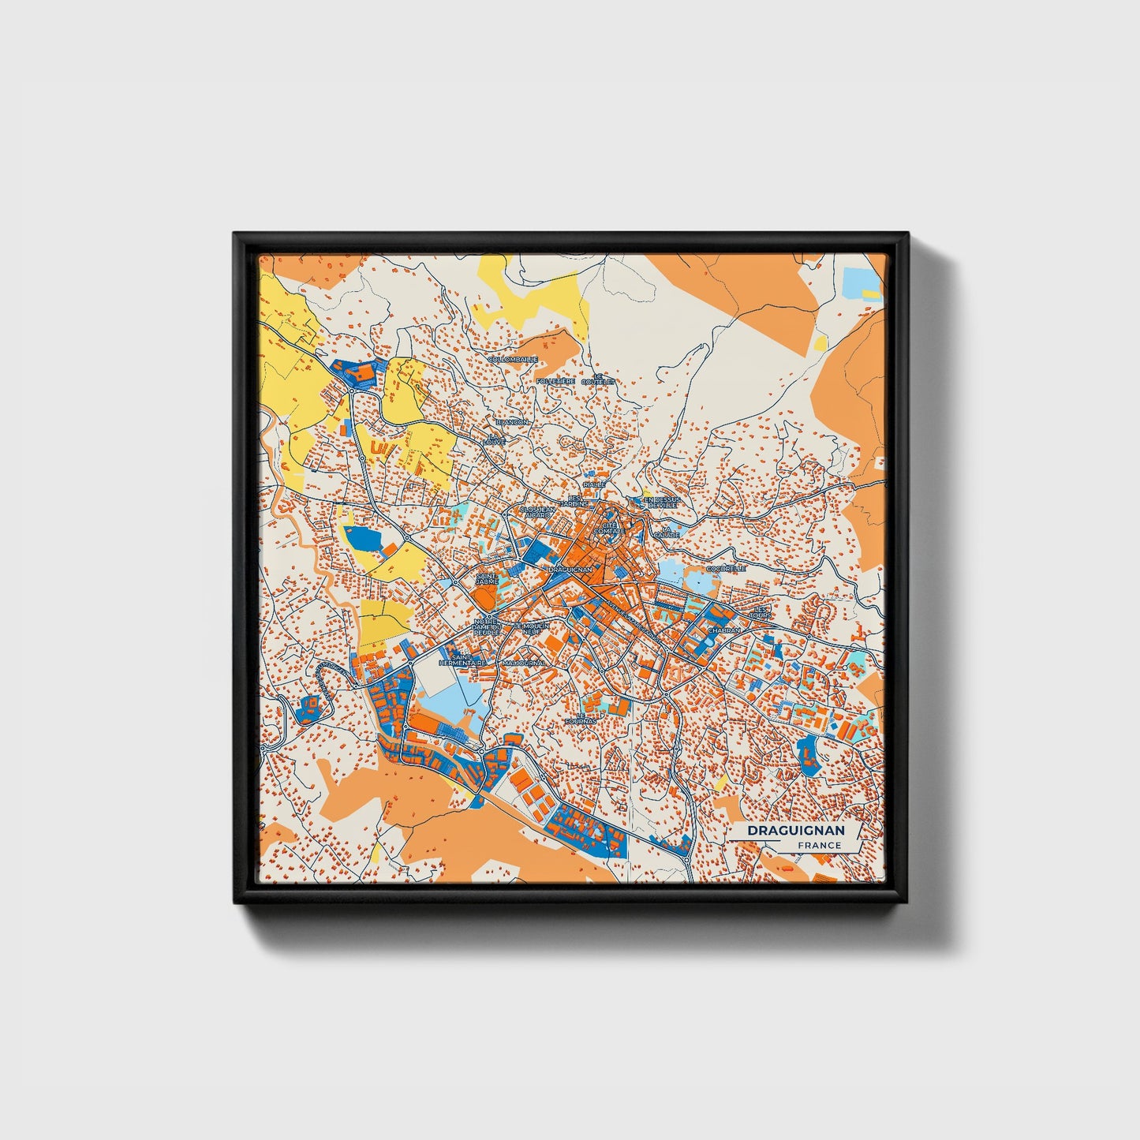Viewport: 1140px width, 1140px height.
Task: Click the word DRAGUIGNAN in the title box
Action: (x=795, y=831)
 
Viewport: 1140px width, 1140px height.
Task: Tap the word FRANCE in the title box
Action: (x=819, y=846)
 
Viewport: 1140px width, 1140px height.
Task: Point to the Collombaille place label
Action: (x=513, y=359)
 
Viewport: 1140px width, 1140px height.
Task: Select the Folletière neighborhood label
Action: (x=555, y=380)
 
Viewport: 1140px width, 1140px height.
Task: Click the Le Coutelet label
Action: (x=597, y=379)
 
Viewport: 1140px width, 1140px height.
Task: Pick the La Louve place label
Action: (x=495, y=439)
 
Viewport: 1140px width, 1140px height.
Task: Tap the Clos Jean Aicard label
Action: (x=537, y=512)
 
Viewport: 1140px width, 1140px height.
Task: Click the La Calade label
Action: (x=671, y=532)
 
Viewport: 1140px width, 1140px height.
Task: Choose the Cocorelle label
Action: (x=726, y=568)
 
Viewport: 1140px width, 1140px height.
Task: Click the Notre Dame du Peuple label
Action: (x=487, y=628)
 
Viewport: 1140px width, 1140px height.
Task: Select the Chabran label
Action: (x=724, y=631)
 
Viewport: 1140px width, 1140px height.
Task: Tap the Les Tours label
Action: (x=761, y=612)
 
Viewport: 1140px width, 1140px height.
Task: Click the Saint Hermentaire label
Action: (x=463, y=660)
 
